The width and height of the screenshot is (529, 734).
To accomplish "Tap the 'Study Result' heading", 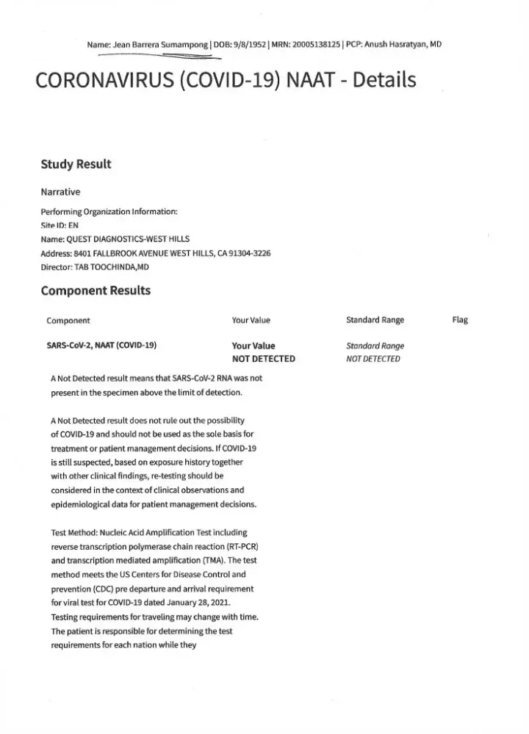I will tap(76, 164).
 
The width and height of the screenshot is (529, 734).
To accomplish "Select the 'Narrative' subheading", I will tap(60, 192).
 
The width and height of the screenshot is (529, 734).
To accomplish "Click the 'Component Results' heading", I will tap(96, 290).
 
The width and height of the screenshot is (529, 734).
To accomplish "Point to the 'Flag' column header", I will tap(460, 320).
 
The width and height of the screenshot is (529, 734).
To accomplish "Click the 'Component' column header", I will tap(68, 320).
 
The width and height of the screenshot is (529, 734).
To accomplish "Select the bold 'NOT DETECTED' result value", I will tap(263, 359).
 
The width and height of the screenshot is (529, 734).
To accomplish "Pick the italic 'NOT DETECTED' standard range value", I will tap(373, 359).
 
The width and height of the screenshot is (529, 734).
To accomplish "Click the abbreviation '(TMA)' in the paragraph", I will tap(214, 562).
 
